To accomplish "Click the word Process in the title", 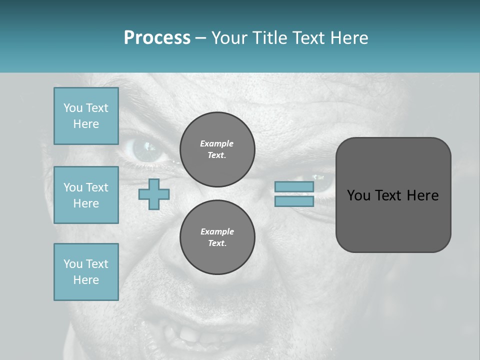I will coord(157,38).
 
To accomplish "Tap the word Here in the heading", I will coord(348,38).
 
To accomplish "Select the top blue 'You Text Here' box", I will coord(86,116).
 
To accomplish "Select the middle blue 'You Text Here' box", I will coord(86,195).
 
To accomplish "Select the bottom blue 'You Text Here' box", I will coord(86,272).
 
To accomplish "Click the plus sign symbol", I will coord(154,194).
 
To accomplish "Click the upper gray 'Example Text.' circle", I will coord(217,149).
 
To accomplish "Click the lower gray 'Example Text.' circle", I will coord(217,237).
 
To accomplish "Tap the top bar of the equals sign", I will coord(294,186).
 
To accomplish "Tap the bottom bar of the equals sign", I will coord(294,201).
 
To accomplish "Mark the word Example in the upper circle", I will coord(217,143).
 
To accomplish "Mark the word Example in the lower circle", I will coord(217,231).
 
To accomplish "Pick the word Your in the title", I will coord(230,38).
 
